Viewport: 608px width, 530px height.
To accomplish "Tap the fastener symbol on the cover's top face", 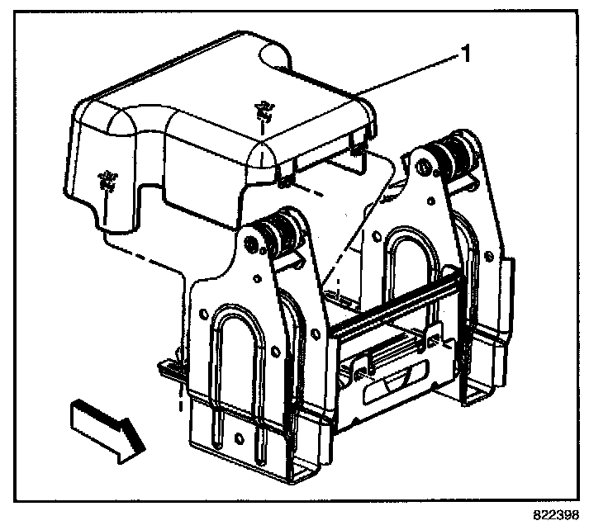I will (264, 109).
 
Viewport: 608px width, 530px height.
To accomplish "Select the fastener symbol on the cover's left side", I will (106, 179).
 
